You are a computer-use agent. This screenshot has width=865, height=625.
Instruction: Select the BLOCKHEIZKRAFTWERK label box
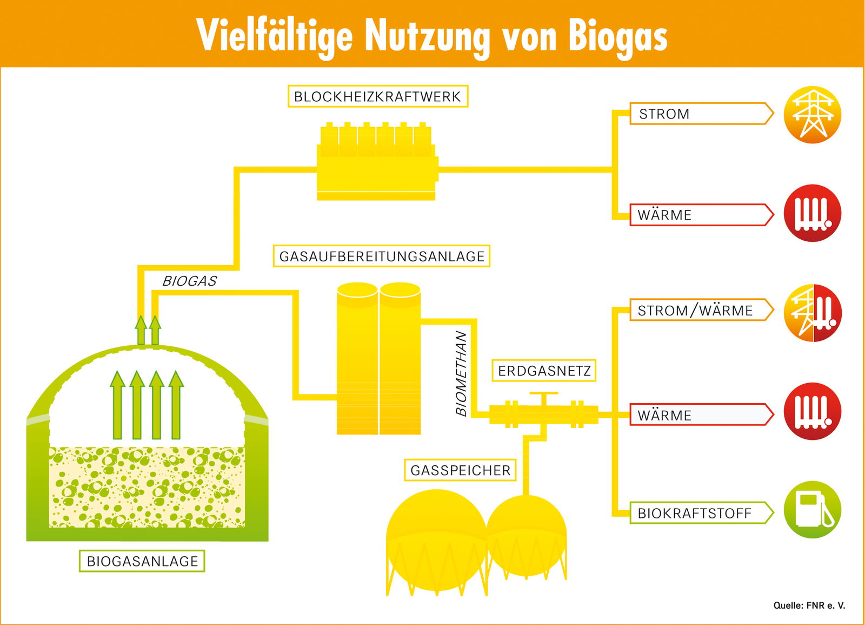(377, 96)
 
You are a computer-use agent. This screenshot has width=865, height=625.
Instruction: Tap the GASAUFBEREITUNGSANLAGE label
(382, 256)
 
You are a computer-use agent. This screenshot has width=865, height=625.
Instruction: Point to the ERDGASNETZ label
(544, 371)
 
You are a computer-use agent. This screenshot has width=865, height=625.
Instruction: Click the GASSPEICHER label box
(460, 470)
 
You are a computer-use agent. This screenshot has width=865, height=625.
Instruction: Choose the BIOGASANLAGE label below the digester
(142, 561)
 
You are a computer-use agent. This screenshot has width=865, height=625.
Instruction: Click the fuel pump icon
(812, 510)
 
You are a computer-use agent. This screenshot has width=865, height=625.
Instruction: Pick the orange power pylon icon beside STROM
(812, 115)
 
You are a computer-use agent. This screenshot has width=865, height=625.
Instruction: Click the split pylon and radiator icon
(812, 313)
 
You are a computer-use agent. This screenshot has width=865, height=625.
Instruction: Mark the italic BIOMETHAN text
(461, 373)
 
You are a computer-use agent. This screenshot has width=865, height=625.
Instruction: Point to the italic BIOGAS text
(189, 281)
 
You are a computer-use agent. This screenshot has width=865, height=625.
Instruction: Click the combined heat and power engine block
(377, 162)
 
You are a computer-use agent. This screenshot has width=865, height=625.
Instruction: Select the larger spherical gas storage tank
(436, 538)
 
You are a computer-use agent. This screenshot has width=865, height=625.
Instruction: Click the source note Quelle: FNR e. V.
(809, 606)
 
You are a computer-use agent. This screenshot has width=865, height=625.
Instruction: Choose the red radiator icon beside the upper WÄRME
(812, 213)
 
